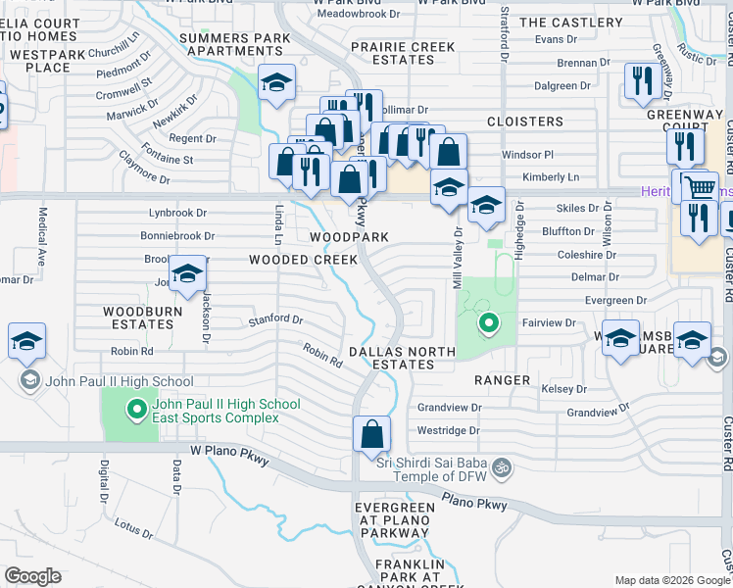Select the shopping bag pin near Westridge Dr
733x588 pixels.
[x=372, y=433]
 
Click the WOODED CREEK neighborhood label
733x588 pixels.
[x=303, y=260]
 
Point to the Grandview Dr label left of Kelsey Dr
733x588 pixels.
[x=450, y=407]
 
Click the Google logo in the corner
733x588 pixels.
[x=32, y=576]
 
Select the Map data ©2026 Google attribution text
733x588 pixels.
[x=671, y=581]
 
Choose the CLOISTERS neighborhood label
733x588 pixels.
[x=525, y=122]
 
